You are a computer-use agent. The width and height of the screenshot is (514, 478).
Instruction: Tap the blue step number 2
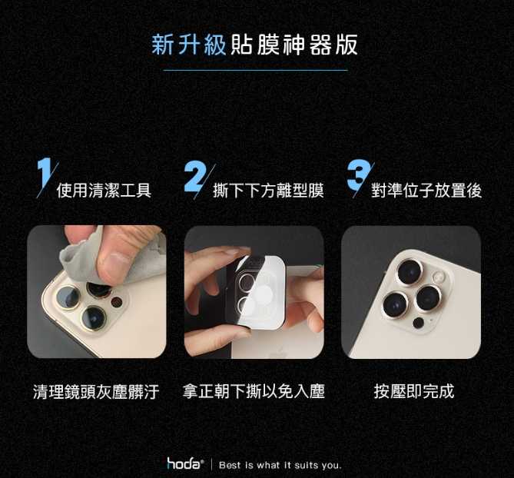click(x=194, y=176)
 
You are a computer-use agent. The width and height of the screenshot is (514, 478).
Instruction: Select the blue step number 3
click(x=358, y=175)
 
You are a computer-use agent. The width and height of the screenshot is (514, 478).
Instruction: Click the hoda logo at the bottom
click(x=184, y=463)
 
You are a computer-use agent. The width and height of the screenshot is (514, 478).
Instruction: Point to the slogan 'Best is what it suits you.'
click(x=280, y=465)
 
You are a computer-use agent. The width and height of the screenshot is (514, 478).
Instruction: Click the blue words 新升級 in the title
click(x=189, y=45)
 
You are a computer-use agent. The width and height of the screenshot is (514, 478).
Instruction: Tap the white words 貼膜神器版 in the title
click(x=293, y=45)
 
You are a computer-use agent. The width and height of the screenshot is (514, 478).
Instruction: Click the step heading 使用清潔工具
click(x=104, y=191)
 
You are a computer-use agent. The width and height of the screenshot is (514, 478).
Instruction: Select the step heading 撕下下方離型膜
click(x=268, y=191)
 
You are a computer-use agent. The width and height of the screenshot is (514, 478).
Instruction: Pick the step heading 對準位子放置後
click(x=426, y=191)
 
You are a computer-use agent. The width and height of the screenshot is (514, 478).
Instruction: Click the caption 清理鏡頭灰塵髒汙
click(x=96, y=391)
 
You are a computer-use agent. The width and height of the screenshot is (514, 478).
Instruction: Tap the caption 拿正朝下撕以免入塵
click(x=254, y=391)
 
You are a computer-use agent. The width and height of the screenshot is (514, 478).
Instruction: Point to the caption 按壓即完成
click(x=414, y=391)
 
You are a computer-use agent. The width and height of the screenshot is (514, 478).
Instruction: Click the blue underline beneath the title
click(x=255, y=70)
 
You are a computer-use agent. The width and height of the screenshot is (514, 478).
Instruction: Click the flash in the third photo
click(x=439, y=277)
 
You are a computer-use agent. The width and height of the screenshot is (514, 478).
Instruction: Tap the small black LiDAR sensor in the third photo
click(x=419, y=323)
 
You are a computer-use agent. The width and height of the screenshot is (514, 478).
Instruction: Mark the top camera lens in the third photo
click(x=410, y=273)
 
